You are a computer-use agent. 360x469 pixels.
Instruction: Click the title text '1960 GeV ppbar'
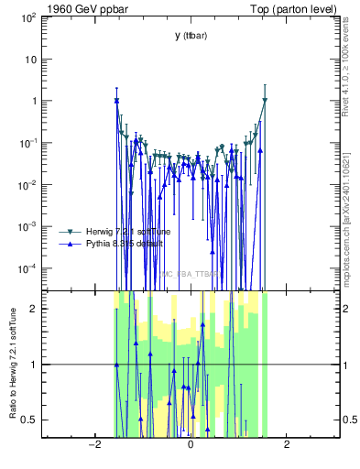[x=76, y=9]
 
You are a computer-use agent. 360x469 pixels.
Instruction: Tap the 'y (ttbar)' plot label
[x=190, y=36]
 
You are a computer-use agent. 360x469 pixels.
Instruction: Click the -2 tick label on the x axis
[x=93, y=445]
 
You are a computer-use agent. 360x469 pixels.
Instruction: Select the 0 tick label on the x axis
[x=190, y=445]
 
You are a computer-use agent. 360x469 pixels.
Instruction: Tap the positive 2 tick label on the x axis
[x=287, y=445]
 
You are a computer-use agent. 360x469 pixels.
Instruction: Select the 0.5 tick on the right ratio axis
[x=349, y=420]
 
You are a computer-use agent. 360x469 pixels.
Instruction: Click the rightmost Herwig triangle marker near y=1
[x=265, y=100]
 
